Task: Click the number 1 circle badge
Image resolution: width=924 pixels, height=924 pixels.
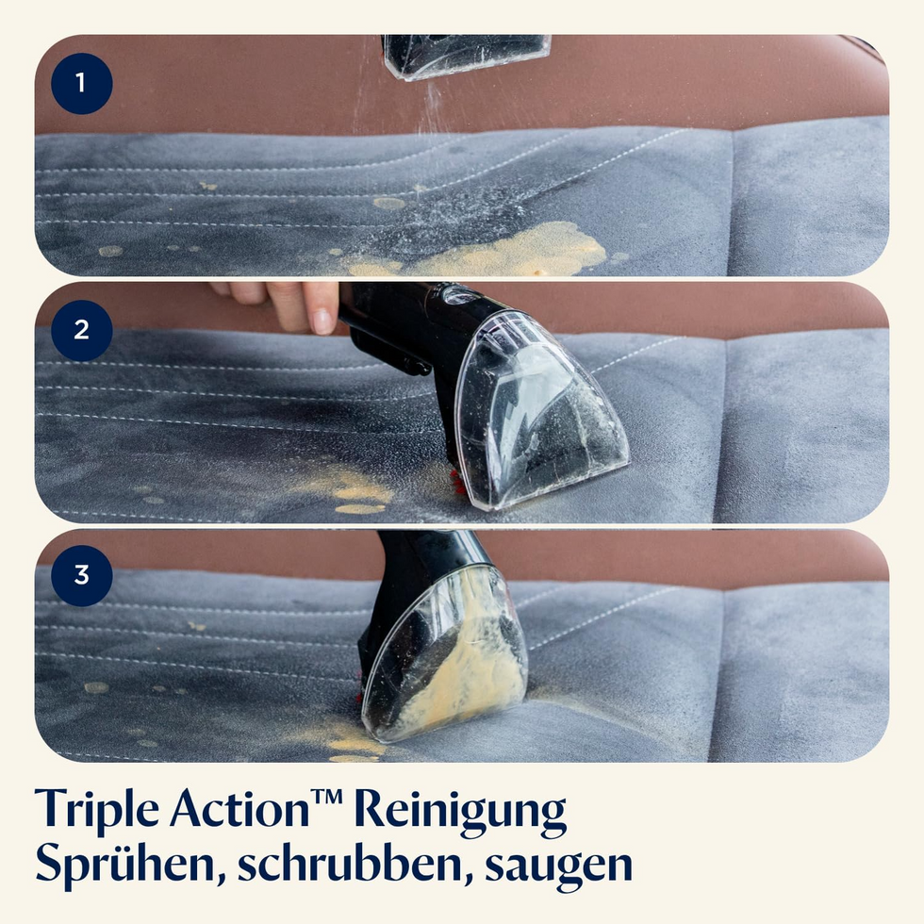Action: (81, 84)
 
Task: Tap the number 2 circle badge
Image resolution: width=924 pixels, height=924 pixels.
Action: (81, 331)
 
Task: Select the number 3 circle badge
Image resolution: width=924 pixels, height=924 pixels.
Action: (81, 576)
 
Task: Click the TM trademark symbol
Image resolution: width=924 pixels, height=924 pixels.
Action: (326, 796)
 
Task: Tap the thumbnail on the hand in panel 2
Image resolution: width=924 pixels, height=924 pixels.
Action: (322, 322)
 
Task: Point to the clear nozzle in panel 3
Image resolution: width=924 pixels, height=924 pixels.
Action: (445, 654)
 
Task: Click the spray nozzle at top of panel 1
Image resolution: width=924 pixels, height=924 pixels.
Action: (466, 56)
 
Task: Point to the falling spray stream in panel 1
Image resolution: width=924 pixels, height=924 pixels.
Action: (433, 109)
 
